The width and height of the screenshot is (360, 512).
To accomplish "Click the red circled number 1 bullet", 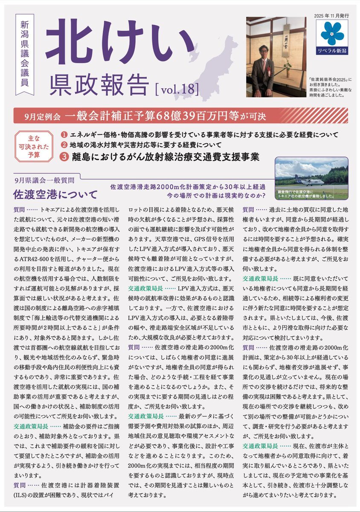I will (x=64, y=135).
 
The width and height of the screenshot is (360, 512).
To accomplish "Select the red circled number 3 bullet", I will (x=64, y=157).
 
